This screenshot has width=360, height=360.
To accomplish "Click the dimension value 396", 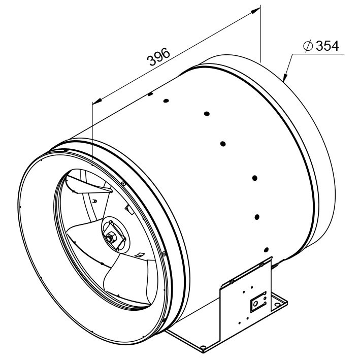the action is click(159, 57).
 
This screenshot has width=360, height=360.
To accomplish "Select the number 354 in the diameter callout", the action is click(327, 46).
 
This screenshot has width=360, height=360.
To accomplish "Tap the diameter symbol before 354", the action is click(308, 46).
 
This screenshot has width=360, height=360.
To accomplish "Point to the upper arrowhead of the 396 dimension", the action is click(255, 10).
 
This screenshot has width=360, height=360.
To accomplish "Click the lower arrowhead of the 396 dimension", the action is click(97, 101).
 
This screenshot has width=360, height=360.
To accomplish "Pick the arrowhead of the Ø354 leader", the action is click(285, 77).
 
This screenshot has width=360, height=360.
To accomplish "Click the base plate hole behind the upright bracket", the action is click(278, 305).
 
